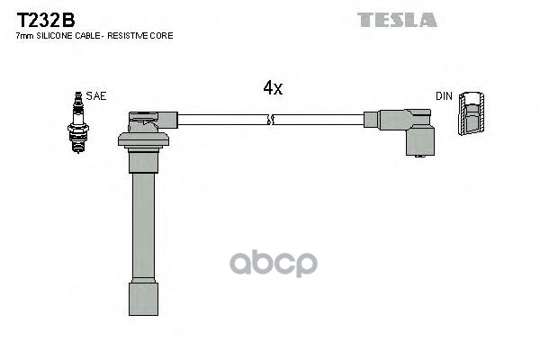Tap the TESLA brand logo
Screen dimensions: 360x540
(396, 19)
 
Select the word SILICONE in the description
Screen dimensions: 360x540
(59, 36)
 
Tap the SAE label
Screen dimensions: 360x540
(95, 95)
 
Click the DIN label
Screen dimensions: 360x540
(444, 95)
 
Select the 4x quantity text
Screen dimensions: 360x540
(272, 87)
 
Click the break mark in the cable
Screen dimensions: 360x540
(271, 119)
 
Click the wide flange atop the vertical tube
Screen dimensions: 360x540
(144, 139)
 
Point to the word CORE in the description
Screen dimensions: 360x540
(162, 36)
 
